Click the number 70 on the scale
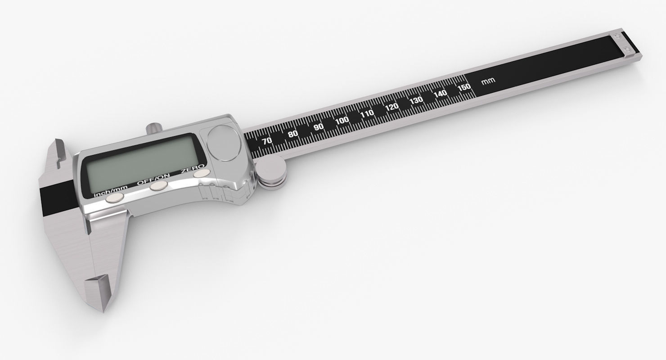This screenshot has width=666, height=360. (x=267, y=141)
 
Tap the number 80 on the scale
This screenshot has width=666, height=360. (x=293, y=134)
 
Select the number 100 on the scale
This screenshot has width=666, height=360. (x=342, y=120)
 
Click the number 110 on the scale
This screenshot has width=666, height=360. (x=367, y=113)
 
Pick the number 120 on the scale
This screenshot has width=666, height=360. (x=392, y=107)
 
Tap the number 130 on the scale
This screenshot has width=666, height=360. (x=416, y=100)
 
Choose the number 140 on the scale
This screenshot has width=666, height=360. (x=441, y=93)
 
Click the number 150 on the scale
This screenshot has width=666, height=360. (x=463, y=87)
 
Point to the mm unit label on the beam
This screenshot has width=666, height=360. (x=488, y=81)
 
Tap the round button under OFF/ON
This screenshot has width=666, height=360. (x=159, y=186)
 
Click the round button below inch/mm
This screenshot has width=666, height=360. (x=115, y=198)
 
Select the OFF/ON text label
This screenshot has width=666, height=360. (x=153, y=180)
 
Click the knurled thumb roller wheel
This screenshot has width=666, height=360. (x=272, y=175)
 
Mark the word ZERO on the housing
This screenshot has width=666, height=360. (x=191, y=170)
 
